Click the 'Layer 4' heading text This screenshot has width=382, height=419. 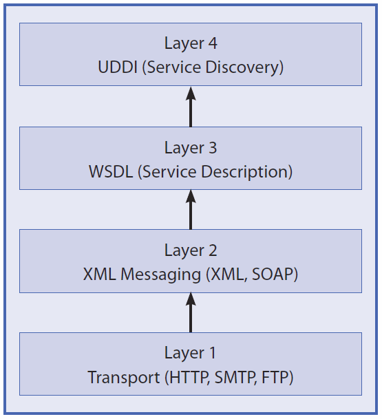191,43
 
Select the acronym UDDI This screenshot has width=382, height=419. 118,67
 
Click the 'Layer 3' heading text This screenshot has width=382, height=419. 191,148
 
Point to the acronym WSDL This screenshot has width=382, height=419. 111,171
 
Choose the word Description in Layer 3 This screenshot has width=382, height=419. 244,172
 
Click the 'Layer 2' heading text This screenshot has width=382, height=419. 191,250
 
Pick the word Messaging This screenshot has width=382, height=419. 160,275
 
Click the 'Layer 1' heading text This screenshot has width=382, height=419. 190,353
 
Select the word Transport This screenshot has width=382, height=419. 124,378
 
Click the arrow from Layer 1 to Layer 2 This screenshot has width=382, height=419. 191,312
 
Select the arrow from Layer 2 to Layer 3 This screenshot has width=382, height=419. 191,209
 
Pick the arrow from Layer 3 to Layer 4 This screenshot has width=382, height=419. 191,107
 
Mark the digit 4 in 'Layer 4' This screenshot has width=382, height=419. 213,43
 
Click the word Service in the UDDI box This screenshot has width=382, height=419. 174,67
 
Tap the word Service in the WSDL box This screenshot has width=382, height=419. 170,171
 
